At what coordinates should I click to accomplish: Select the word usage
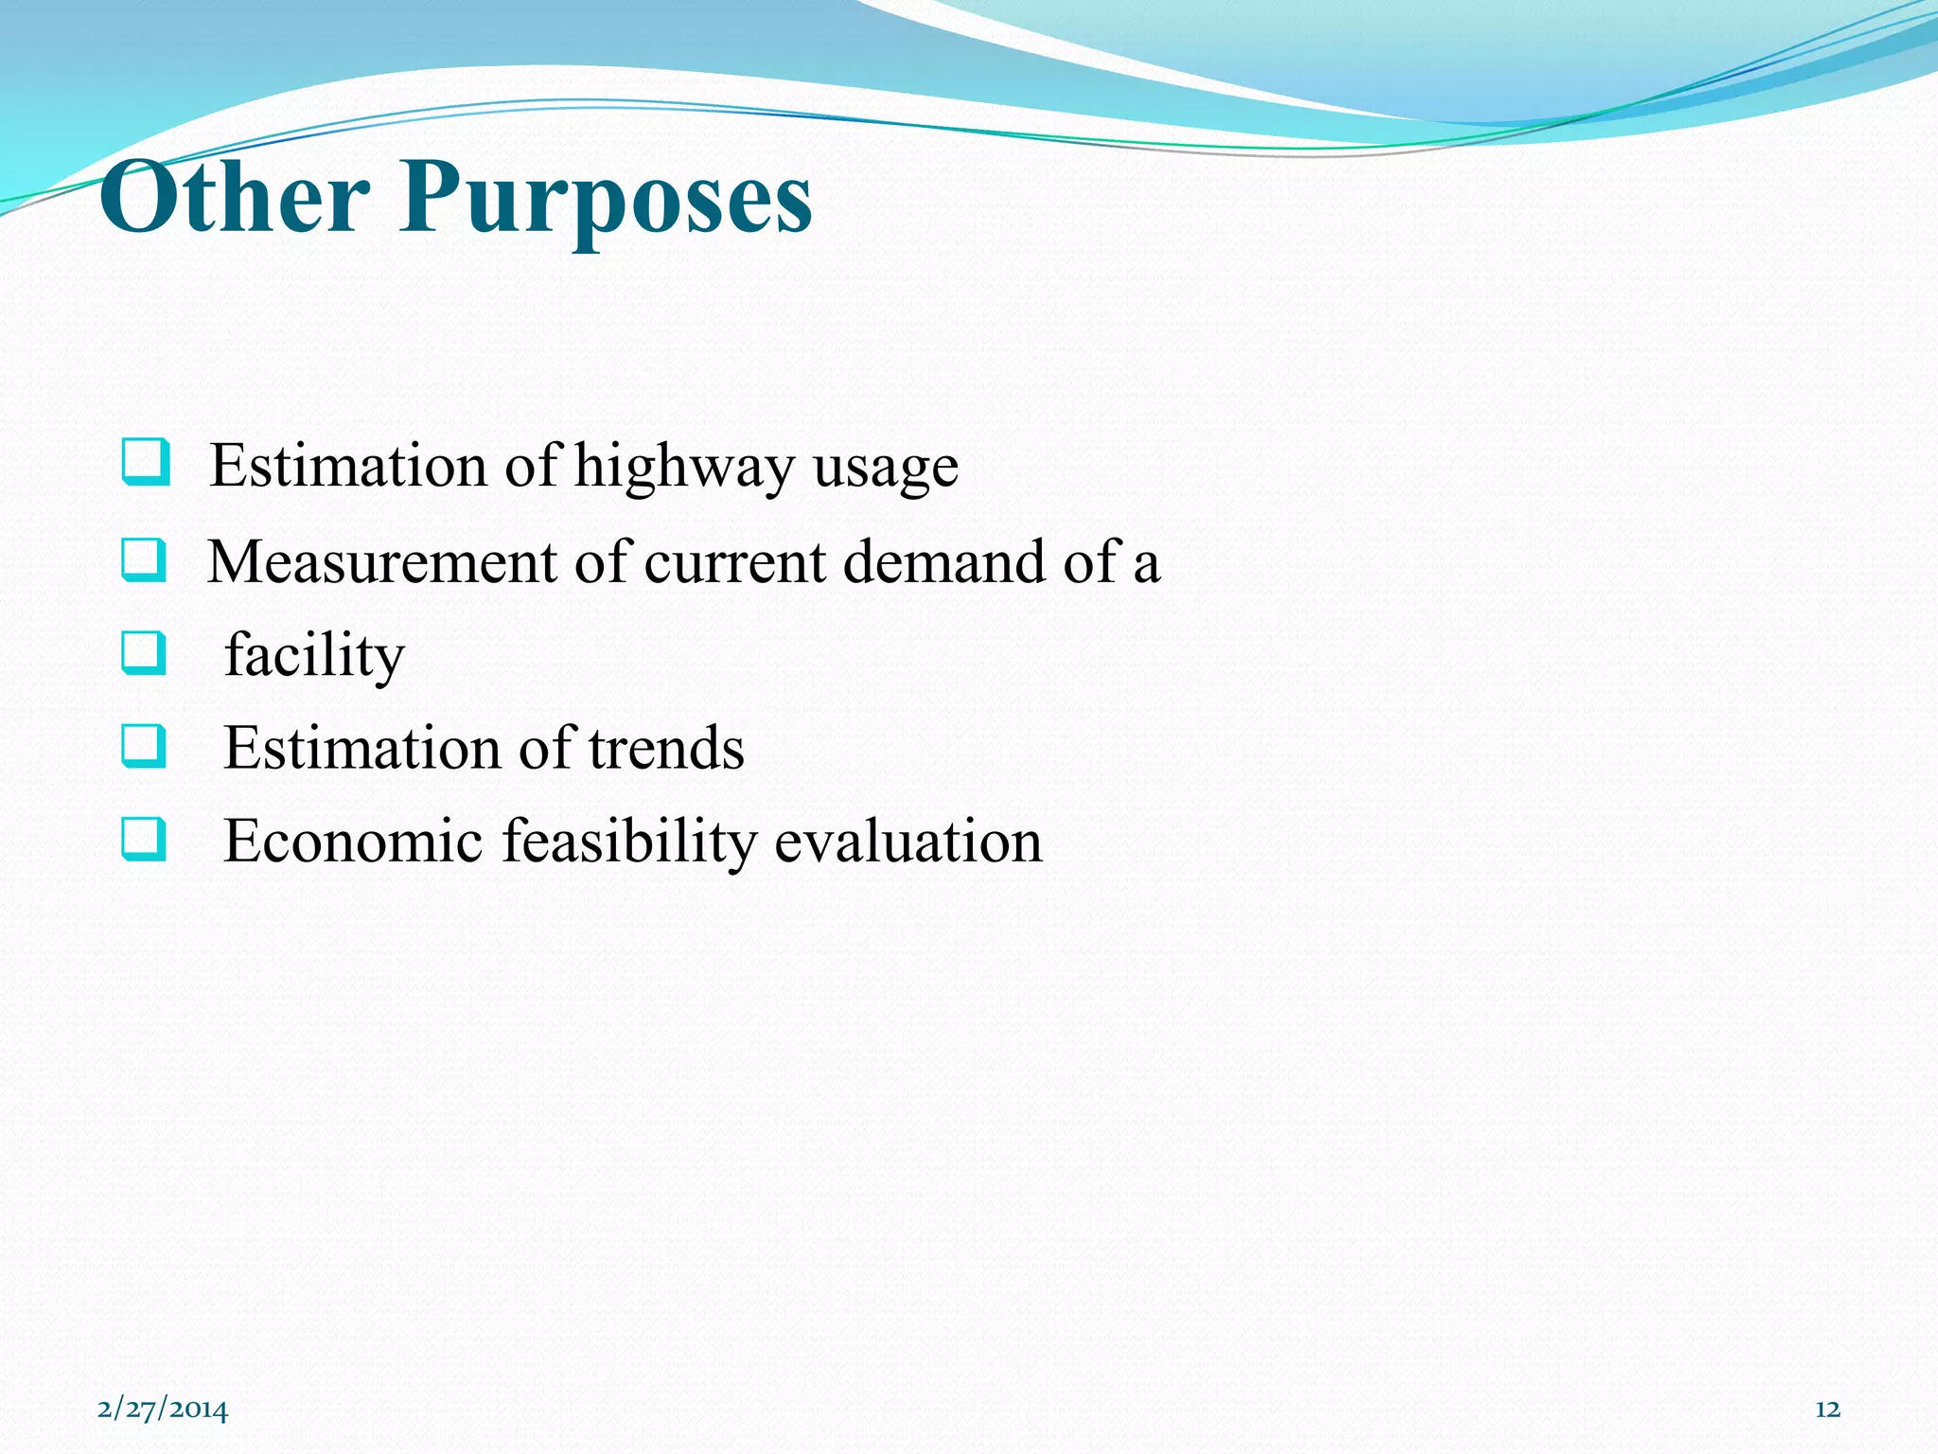click(885, 469)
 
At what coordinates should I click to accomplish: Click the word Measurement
click(381, 561)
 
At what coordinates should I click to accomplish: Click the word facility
click(314, 655)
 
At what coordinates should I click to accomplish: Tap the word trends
click(666, 748)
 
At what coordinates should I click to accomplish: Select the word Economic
click(353, 841)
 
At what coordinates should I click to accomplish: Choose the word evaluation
click(908, 841)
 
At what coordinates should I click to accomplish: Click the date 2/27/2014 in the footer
click(163, 1410)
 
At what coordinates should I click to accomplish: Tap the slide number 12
click(1827, 1410)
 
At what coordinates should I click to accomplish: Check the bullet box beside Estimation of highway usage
click(146, 462)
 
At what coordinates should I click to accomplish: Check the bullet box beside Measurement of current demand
click(144, 559)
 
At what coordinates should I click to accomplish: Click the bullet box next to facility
click(144, 653)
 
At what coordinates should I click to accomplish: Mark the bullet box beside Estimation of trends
click(144, 746)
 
